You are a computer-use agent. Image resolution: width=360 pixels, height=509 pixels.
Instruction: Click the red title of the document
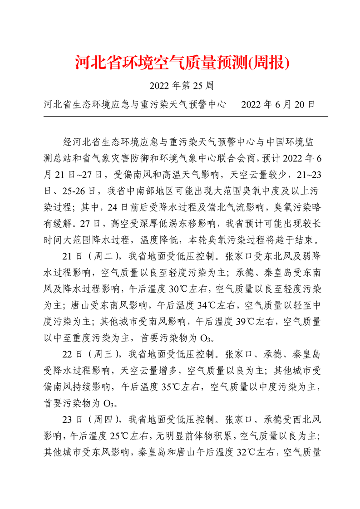(x=182, y=63)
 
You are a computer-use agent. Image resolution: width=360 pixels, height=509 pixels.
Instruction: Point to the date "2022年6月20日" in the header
(x=278, y=105)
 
